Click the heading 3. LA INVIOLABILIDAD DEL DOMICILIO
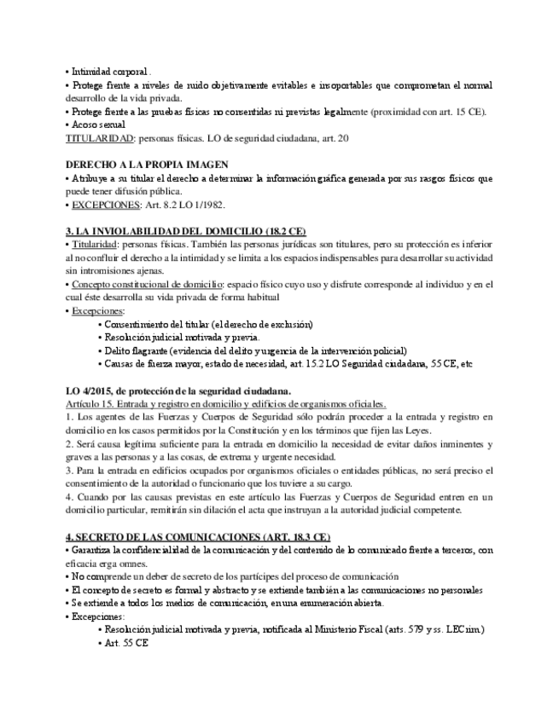tap(186, 232)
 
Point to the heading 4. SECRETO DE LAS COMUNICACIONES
tap(198, 537)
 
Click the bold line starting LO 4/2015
tap(178, 391)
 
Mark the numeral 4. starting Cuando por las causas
tap(69, 497)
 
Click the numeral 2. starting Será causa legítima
tap(69, 444)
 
